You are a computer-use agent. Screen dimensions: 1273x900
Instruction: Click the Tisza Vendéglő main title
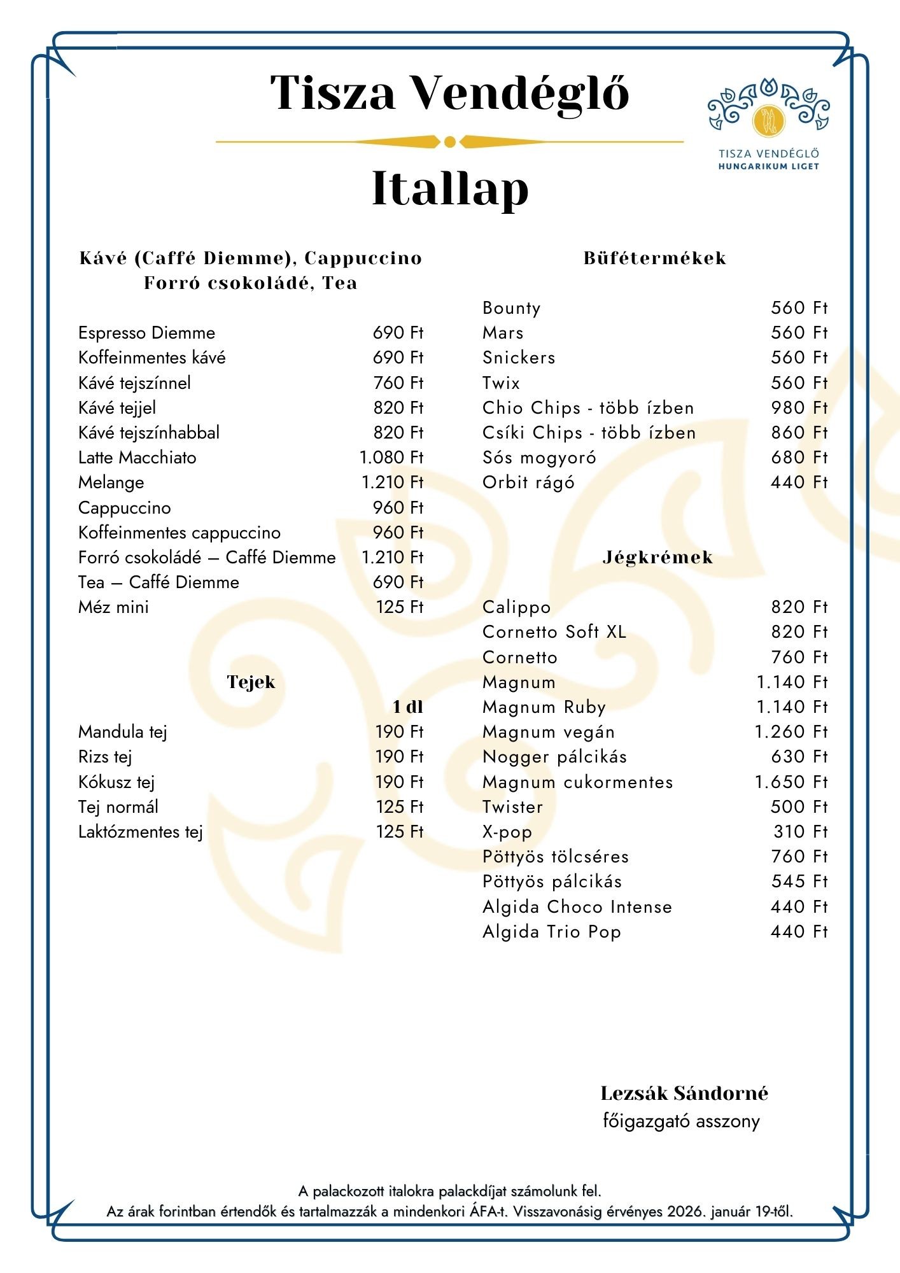pyautogui.click(x=449, y=93)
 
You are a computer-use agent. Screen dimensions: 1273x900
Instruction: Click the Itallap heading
pyautogui.click(x=450, y=188)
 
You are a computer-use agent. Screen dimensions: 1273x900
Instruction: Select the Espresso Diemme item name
pyautogui.click(x=146, y=333)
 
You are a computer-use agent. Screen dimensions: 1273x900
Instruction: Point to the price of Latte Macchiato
pyautogui.click(x=391, y=458)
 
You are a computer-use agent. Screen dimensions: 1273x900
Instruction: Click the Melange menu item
pyautogui.click(x=111, y=482)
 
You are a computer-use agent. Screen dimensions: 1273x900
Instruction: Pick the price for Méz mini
pyautogui.click(x=399, y=607)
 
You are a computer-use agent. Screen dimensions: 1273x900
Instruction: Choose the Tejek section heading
pyautogui.click(x=251, y=682)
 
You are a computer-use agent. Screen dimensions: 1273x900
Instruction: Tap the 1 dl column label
pyautogui.click(x=407, y=707)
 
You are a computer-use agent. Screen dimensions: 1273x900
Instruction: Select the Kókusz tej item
pyautogui.click(x=116, y=782)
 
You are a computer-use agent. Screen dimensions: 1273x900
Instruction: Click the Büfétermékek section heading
pyautogui.click(x=655, y=258)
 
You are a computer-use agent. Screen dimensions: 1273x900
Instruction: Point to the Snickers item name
pyautogui.click(x=519, y=358)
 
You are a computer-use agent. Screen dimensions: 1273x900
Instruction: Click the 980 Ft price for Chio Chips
pyautogui.click(x=799, y=408)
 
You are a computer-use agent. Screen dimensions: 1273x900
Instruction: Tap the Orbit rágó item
pyautogui.click(x=528, y=482)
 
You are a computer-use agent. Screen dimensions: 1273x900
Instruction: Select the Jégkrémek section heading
pyautogui.click(x=657, y=558)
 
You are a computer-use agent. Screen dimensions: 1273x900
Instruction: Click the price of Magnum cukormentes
pyautogui.click(x=791, y=782)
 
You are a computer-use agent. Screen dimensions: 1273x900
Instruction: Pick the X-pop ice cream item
pyautogui.click(x=507, y=832)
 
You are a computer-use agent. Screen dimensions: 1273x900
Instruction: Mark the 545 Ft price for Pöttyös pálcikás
pyautogui.click(x=799, y=882)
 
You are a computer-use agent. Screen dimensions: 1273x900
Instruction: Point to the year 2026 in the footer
pyautogui.click(x=686, y=1211)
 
